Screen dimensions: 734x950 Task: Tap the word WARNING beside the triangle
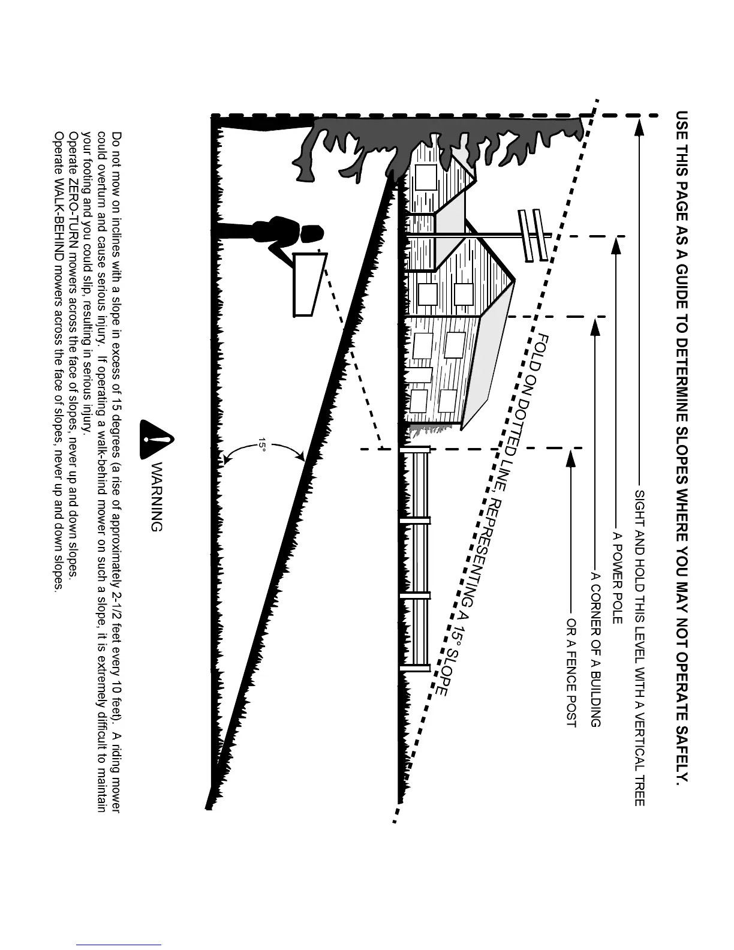coord(155,497)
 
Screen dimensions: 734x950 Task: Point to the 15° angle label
coord(262,445)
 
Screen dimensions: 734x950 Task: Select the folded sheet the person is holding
coord(309,284)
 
